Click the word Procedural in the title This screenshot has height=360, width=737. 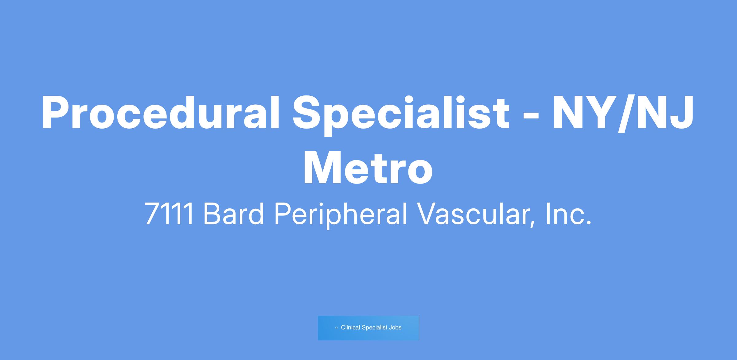pyautogui.click(x=161, y=112)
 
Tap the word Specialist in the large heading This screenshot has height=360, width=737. pyautogui.click(x=401, y=114)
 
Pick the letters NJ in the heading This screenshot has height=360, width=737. pyautogui.click(x=665, y=112)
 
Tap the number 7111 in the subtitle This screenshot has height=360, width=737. pyautogui.click(x=169, y=214)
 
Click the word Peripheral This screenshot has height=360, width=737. pyautogui.click(x=340, y=215)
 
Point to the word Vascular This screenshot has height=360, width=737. pyautogui.click(x=473, y=214)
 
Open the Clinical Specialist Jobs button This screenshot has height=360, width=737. pyautogui.click(x=368, y=328)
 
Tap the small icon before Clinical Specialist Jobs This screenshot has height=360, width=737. pyautogui.click(x=337, y=328)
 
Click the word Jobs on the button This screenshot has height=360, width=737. pyautogui.click(x=395, y=328)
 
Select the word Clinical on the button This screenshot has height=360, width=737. pyautogui.click(x=350, y=327)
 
